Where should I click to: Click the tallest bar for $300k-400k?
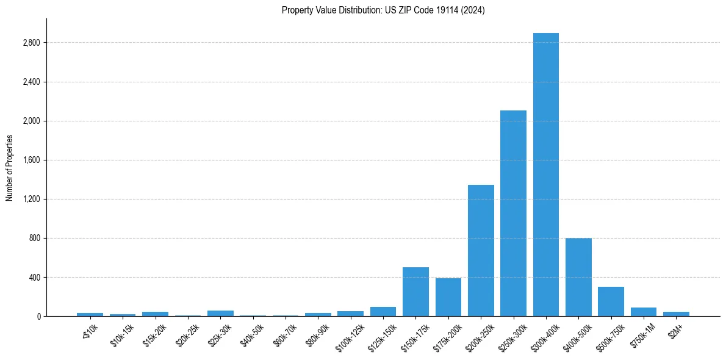(x=545, y=175)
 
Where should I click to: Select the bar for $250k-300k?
(x=513, y=214)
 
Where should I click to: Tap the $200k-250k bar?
(x=481, y=250)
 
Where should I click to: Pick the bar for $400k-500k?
(x=578, y=277)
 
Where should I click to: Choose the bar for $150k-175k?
(x=415, y=292)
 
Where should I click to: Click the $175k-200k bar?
(x=448, y=297)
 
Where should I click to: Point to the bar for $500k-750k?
(x=611, y=301)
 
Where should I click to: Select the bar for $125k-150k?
(x=383, y=311)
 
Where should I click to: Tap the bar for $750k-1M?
(x=643, y=312)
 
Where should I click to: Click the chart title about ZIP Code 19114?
(x=383, y=10)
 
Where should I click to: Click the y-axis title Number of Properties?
(x=10, y=168)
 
